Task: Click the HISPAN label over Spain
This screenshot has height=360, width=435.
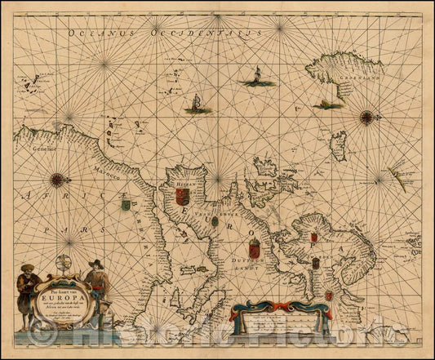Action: [x=180, y=186]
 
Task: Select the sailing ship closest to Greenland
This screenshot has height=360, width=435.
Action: [x=255, y=76]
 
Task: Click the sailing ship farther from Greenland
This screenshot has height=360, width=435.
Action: [x=197, y=104]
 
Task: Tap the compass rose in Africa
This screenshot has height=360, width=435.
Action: [x=57, y=180]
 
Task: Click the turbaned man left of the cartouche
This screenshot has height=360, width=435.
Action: [x=27, y=292]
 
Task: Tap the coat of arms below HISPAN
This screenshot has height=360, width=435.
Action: [x=183, y=198]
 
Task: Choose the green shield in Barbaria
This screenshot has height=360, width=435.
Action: [x=126, y=204]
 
